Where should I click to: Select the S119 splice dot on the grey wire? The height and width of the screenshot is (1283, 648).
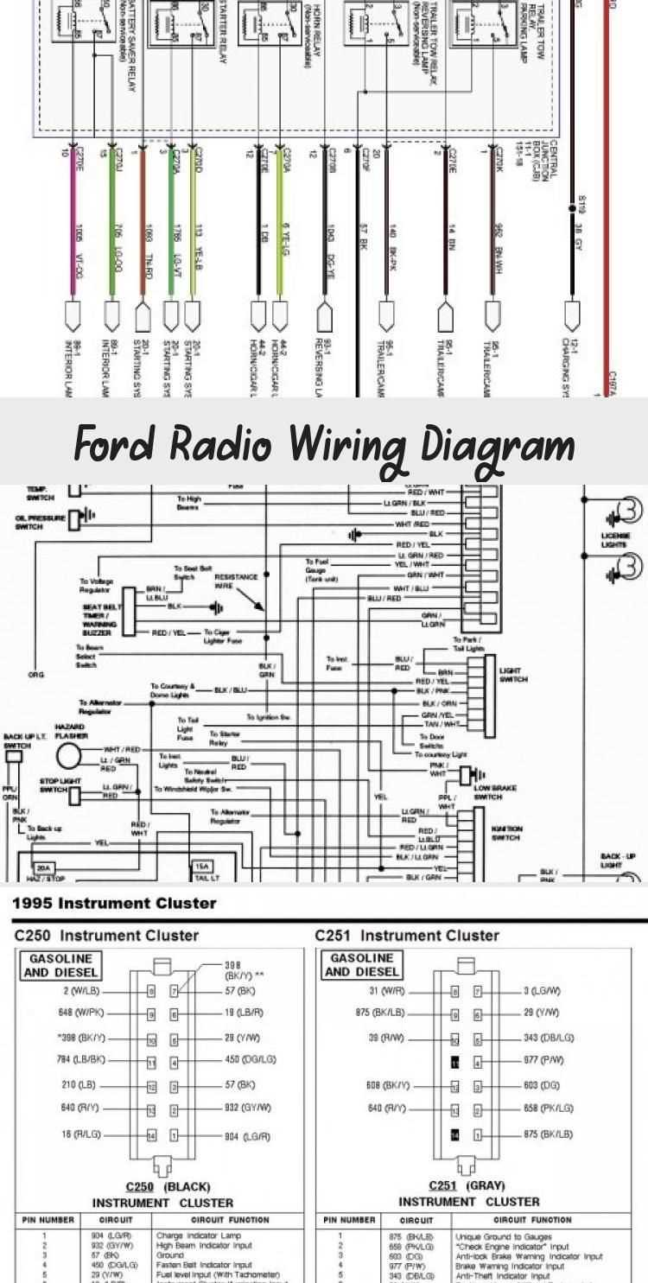click(570, 207)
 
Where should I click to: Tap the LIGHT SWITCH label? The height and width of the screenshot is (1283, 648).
click(511, 674)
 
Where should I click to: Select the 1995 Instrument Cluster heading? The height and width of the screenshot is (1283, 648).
click(114, 904)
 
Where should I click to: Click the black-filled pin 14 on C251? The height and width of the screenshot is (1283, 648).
click(455, 1134)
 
